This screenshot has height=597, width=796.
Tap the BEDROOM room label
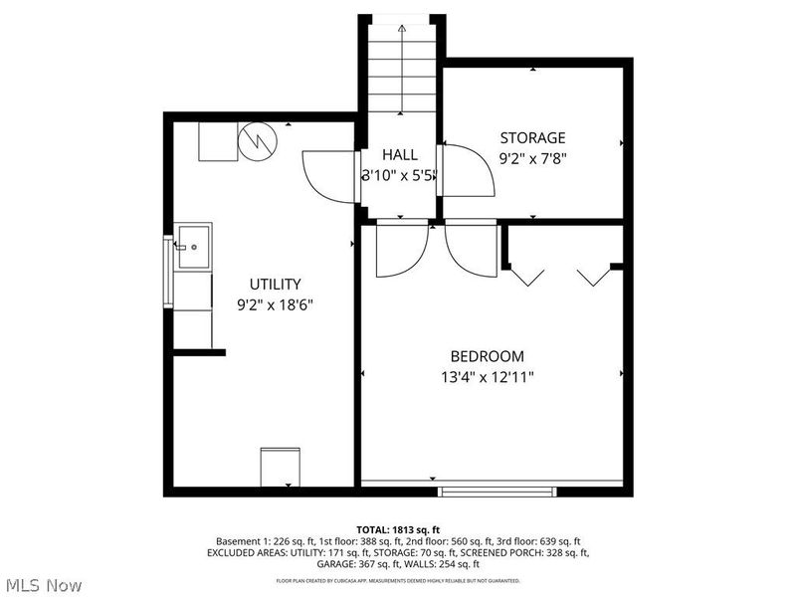click(x=487, y=356)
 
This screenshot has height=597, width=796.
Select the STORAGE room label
click(x=532, y=137)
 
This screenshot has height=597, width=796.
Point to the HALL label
click(x=400, y=155)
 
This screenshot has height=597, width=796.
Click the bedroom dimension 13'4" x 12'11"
click(x=487, y=377)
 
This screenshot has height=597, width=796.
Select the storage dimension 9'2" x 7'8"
click(x=532, y=157)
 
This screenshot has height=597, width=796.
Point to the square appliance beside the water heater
click(x=217, y=141)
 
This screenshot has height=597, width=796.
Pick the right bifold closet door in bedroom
click(x=593, y=275)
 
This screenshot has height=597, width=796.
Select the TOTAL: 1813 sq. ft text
click(x=398, y=529)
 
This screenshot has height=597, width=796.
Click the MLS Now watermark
click(x=44, y=585)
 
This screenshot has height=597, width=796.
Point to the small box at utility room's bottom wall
click(x=279, y=467)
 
